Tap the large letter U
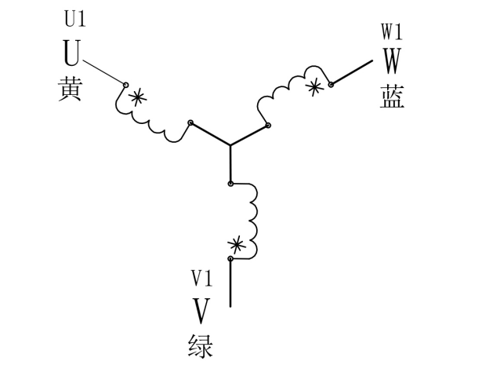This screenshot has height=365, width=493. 71,54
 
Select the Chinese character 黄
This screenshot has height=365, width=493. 71,89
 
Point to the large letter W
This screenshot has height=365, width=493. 391,61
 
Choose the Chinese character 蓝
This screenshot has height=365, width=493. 392,97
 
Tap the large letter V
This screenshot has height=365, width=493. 201,310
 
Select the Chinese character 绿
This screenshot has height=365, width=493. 201,345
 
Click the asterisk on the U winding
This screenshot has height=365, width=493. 138,97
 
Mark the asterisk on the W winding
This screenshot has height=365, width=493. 314,87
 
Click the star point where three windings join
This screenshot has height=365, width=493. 230,145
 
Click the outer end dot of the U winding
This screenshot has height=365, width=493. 125,84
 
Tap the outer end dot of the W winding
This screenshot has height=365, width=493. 331,84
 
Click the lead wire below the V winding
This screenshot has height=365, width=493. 230,283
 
